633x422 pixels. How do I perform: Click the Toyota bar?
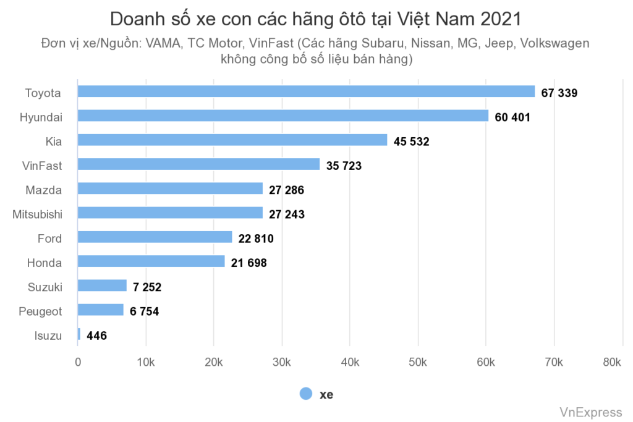coord(306,91)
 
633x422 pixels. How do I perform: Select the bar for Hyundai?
coord(283,116)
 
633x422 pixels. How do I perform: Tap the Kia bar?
coord(232,140)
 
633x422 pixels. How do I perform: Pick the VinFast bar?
coord(198,164)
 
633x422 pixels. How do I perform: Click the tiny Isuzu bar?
coord(79,334)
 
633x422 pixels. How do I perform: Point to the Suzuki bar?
coord(102,285)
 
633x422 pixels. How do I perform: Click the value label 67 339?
coord(559,93)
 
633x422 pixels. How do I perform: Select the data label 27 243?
coord(287,214)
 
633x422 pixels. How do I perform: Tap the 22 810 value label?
coord(256,238)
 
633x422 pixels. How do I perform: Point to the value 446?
coord(96,336)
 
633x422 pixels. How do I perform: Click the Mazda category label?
coord(43,190)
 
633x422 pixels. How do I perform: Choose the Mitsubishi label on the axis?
coord(37,214)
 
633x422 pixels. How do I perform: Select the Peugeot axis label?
coord(40,311)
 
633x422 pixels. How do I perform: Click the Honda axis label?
coord(45,263)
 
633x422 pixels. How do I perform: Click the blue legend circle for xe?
coord(306,394)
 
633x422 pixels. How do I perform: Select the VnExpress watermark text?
coord(590,412)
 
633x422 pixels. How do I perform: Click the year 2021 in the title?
coord(500,19)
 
